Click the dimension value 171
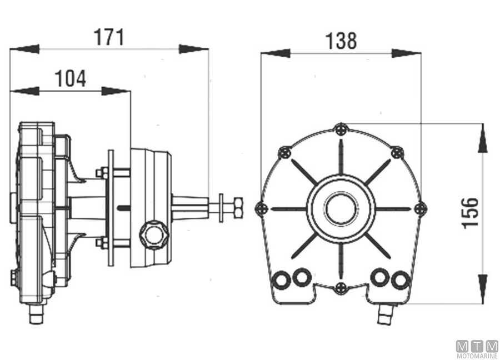coord(109,37)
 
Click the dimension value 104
coord(70,78)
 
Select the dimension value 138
coord(341,41)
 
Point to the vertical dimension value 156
coord(471,213)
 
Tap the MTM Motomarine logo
coord(477,349)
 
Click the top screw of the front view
coord(341,129)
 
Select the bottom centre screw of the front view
coord(341,288)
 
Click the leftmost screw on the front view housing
coord(262,209)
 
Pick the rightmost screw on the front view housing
coord(421,209)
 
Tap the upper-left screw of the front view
coord(284,152)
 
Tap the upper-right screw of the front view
coord(397,152)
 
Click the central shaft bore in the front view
coord(341,209)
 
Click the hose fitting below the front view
coord(386,314)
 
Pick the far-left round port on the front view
coord(281,280)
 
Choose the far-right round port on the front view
coord(400,280)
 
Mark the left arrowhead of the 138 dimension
coord(276,53)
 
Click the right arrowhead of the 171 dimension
coord(193,49)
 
